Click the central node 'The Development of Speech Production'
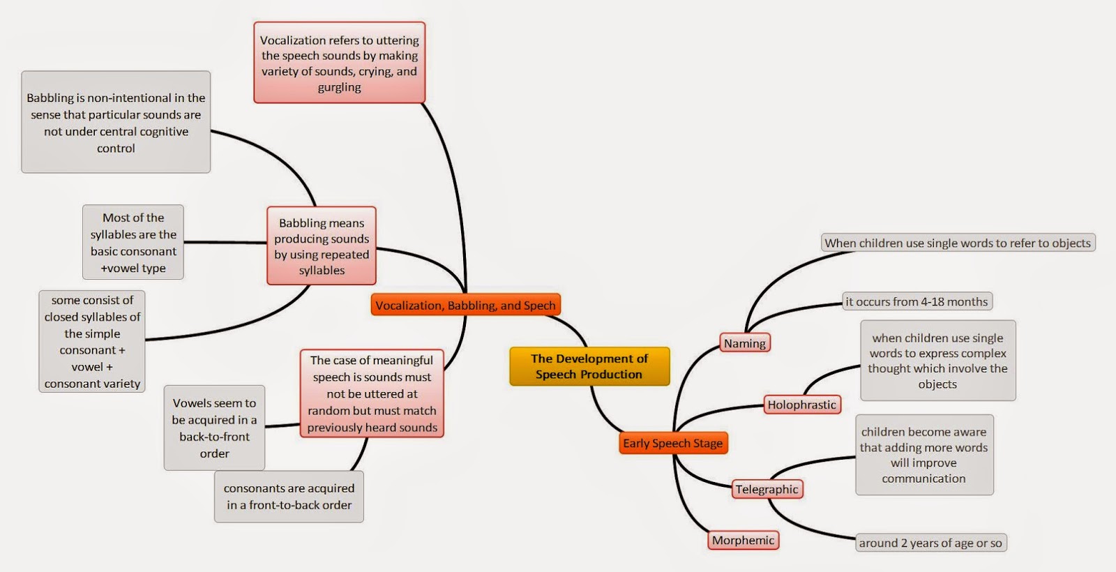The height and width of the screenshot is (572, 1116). click(589, 366)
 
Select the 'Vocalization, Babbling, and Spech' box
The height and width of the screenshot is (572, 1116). click(465, 305)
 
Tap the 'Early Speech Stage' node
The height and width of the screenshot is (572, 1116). click(672, 443)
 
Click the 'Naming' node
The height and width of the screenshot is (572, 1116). click(744, 343)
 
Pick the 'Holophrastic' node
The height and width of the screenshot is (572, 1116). click(801, 405)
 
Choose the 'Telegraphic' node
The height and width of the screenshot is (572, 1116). click(767, 489)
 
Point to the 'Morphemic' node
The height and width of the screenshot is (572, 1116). click(743, 540)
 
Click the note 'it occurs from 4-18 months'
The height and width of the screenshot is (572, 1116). click(917, 301)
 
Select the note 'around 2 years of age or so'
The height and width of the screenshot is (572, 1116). click(930, 543)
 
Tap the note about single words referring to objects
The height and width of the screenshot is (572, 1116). click(957, 243)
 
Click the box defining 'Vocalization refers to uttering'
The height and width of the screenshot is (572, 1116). click(339, 63)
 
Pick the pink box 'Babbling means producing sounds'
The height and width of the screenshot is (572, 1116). click(322, 246)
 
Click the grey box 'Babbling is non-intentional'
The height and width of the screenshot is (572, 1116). click(116, 122)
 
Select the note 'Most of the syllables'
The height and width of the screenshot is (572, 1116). click(133, 242)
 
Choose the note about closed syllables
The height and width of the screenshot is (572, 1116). click(92, 341)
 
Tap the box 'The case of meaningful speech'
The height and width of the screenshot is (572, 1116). click(372, 393)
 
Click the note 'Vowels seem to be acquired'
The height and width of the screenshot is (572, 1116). click(214, 428)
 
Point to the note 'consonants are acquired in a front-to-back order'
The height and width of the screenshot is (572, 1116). click(289, 497)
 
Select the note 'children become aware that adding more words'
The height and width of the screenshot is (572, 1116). click(923, 455)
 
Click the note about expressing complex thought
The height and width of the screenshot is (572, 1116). click(937, 361)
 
